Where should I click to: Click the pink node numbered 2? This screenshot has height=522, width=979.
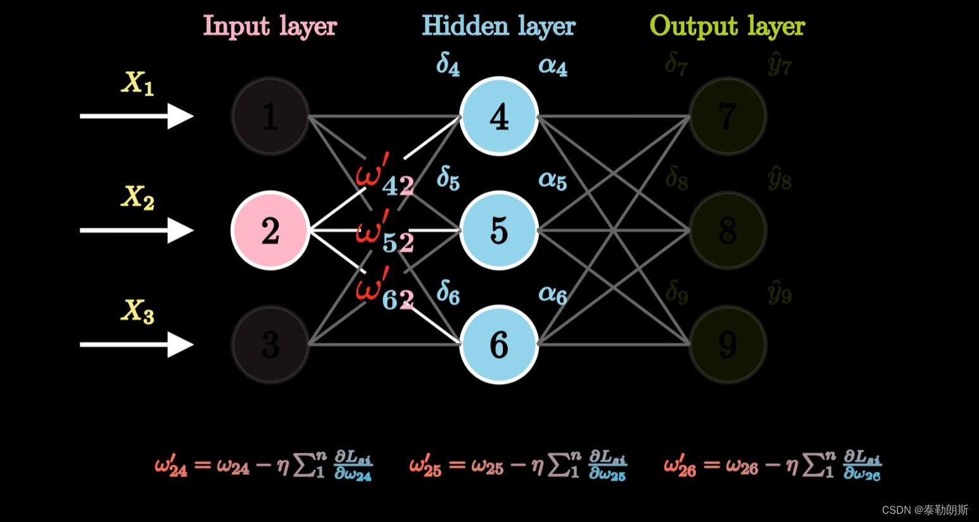pyautogui.click(x=270, y=230)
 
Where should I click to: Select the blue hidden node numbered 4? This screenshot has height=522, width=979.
pyautogui.click(x=499, y=116)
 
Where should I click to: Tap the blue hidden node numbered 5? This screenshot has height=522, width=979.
pyautogui.click(x=499, y=230)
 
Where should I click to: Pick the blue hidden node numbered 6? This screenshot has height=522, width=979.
pyautogui.click(x=499, y=344)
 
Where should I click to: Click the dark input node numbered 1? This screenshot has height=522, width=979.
pyautogui.click(x=270, y=116)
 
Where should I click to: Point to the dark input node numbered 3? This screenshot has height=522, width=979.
pyautogui.click(x=270, y=344)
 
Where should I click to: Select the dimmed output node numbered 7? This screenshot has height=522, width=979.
pyautogui.click(x=728, y=116)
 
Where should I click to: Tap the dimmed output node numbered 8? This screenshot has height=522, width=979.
pyautogui.click(x=728, y=230)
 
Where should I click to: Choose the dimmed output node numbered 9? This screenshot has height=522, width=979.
pyautogui.click(x=728, y=344)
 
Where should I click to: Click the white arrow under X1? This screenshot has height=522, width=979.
pyautogui.click(x=136, y=116)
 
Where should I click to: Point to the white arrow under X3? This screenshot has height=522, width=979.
pyautogui.click(x=136, y=344)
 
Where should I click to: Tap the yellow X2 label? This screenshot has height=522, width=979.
pyautogui.click(x=137, y=197)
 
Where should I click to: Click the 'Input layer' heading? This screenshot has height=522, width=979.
pyautogui.click(x=270, y=27)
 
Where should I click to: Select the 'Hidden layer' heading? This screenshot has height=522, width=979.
pyautogui.click(x=498, y=27)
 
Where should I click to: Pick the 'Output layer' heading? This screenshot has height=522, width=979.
pyautogui.click(x=727, y=27)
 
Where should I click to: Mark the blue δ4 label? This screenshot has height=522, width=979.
pyautogui.click(x=448, y=65)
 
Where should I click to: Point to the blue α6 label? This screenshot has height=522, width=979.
pyautogui.click(x=552, y=294)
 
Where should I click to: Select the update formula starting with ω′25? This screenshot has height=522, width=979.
pyautogui.click(x=517, y=466)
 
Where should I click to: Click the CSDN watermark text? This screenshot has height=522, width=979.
pyautogui.click(x=925, y=510)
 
